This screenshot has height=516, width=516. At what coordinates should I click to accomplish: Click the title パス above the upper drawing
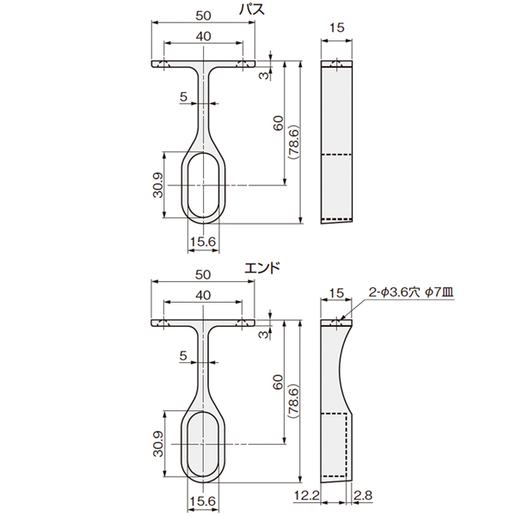point(252,9)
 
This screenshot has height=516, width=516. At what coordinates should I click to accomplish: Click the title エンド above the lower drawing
point(262,267)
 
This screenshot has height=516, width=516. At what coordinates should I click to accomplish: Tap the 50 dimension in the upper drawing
point(203,15)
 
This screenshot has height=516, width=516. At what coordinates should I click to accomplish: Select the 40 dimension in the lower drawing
point(203,295)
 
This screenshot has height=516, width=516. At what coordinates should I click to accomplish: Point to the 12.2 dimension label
point(306,495)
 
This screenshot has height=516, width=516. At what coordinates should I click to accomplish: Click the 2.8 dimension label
point(363,495)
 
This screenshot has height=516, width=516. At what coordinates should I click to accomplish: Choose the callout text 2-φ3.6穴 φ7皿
point(411,292)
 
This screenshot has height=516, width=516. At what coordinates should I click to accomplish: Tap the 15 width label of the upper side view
point(336,28)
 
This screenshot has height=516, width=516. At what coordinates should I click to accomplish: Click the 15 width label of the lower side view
point(336,293)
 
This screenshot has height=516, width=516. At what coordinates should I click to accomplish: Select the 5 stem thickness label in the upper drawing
point(183,96)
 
